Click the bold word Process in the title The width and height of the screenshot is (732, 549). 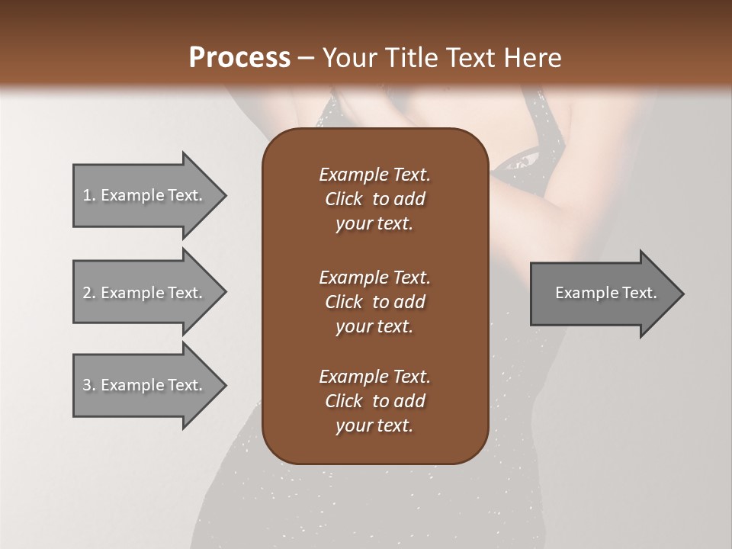[x=239, y=58]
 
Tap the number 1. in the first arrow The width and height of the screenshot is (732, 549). [x=89, y=195]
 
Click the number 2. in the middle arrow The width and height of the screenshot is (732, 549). [x=89, y=293]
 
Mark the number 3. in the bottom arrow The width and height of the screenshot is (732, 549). [x=89, y=385]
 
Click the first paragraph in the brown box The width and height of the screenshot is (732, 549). [x=374, y=199]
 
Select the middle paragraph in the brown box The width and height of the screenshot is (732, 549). [x=374, y=302]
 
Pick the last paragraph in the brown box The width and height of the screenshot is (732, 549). [x=374, y=401]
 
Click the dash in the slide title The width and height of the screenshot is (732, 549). [x=306, y=58]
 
